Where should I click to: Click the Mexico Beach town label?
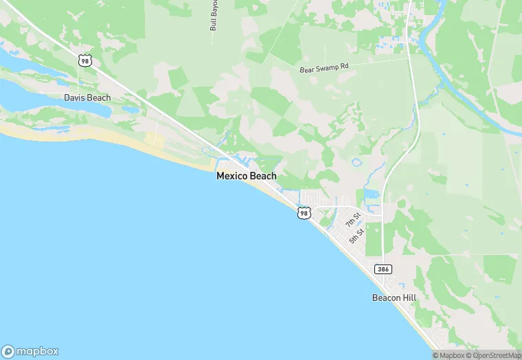(246, 176)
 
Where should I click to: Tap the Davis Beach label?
(87, 98)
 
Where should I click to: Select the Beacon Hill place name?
(395, 297)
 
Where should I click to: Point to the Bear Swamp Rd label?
(325, 69)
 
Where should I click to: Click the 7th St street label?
(352, 221)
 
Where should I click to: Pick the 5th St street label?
(355, 236)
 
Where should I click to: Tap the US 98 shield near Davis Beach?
(85, 60)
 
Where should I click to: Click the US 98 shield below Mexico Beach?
(304, 214)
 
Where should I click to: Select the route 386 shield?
(383, 269)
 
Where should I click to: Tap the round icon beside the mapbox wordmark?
(8, 351)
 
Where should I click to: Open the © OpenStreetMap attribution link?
(492, 355)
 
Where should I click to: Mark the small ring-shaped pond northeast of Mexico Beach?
(356, 164)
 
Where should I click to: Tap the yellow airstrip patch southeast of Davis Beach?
(155, 142)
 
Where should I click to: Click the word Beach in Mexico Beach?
(262, 176)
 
